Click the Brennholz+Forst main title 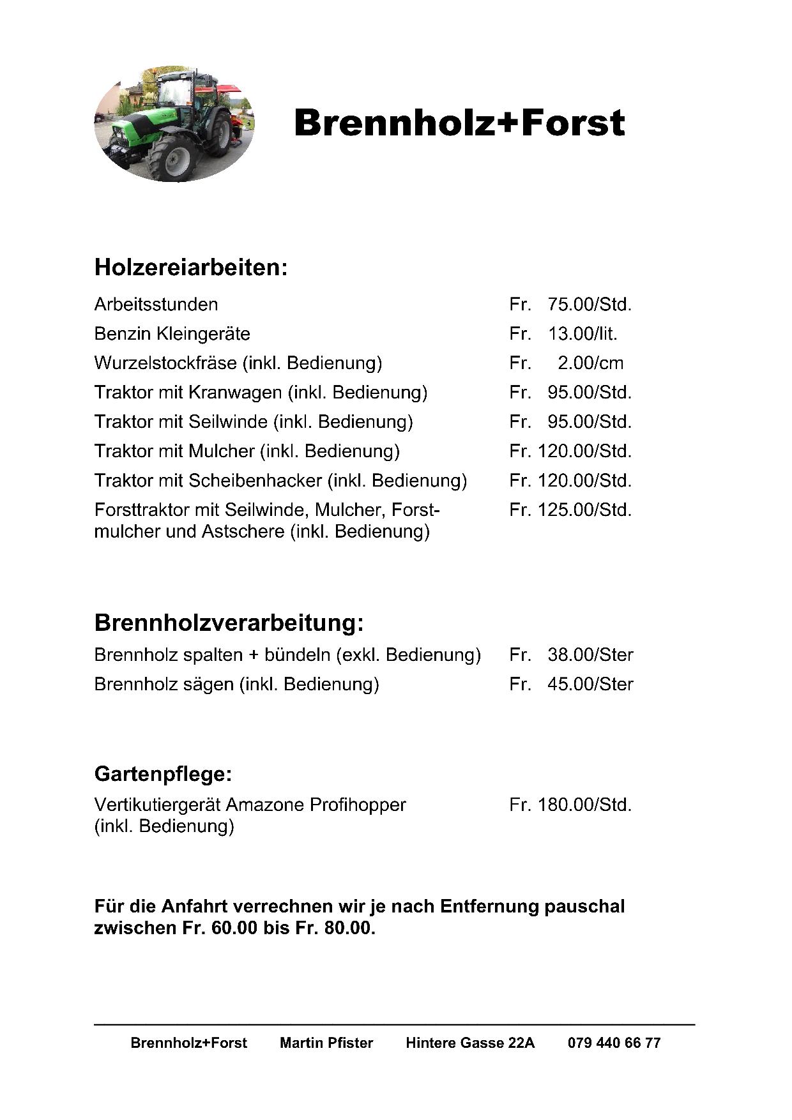[459, 123]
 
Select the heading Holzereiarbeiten [190, 268]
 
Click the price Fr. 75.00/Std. [570, 305]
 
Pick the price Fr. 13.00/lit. [563, 334]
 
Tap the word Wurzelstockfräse [165, 363]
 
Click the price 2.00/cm [590, 363]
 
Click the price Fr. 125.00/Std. [570, 510]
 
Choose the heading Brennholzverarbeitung [228, 623]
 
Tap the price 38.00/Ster [590, 655]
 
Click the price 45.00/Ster [590, 685]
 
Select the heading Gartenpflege [162, 775]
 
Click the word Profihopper [358, 805]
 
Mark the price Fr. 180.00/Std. [570, 805]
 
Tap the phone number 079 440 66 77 [614, 1043]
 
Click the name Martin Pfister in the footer [326, 1043]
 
